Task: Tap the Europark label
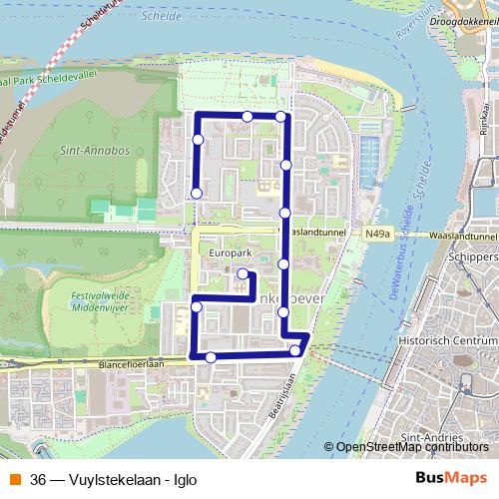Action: pos(228,254)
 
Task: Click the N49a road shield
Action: pos(376,234)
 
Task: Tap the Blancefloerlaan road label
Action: pos(130,365)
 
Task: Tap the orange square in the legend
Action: pos(15,479)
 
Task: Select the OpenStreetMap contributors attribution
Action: pos(412,447)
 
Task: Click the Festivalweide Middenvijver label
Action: pos(107,302)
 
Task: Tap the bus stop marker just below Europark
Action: pos(244,272)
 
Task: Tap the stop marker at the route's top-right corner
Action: pos(281,117)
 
